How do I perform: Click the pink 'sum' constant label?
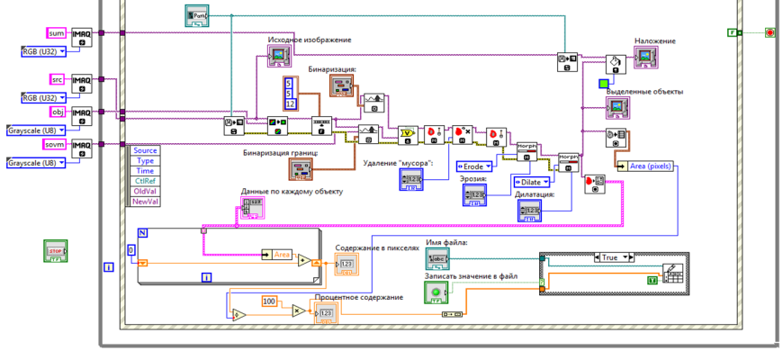pyautogui.click(x=56, y=33)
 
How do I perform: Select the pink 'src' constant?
pyautogui.click(x=56, y=79)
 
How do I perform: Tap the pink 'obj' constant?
pyautogui.click(x=58, y=111)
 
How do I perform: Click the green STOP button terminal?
pyautogui.click(x=57, y=250)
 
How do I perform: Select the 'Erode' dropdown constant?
pyautogui.click(x=474, y=166)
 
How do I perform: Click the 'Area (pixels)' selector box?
pyautogui.click(x=646, y=166)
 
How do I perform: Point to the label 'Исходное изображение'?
pyautogui.click(x=309, y=40)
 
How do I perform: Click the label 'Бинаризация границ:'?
pyautogui.click(x=280, y=153)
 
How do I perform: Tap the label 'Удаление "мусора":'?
pyautogui.click(x=398, y=163)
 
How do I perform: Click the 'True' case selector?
pyautogui.click(x=611, y=256)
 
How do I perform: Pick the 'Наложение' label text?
pyautogui.click(x=654, y=41)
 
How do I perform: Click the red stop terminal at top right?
pyautogui.click(x=769, y=33)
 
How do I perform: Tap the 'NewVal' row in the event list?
pyautogui.click(x=146, y=202)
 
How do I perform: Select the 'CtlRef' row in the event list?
pyautogui.click(x=146, y=180)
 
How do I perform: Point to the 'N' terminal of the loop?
pyautogui.click(x=142, y=233)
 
